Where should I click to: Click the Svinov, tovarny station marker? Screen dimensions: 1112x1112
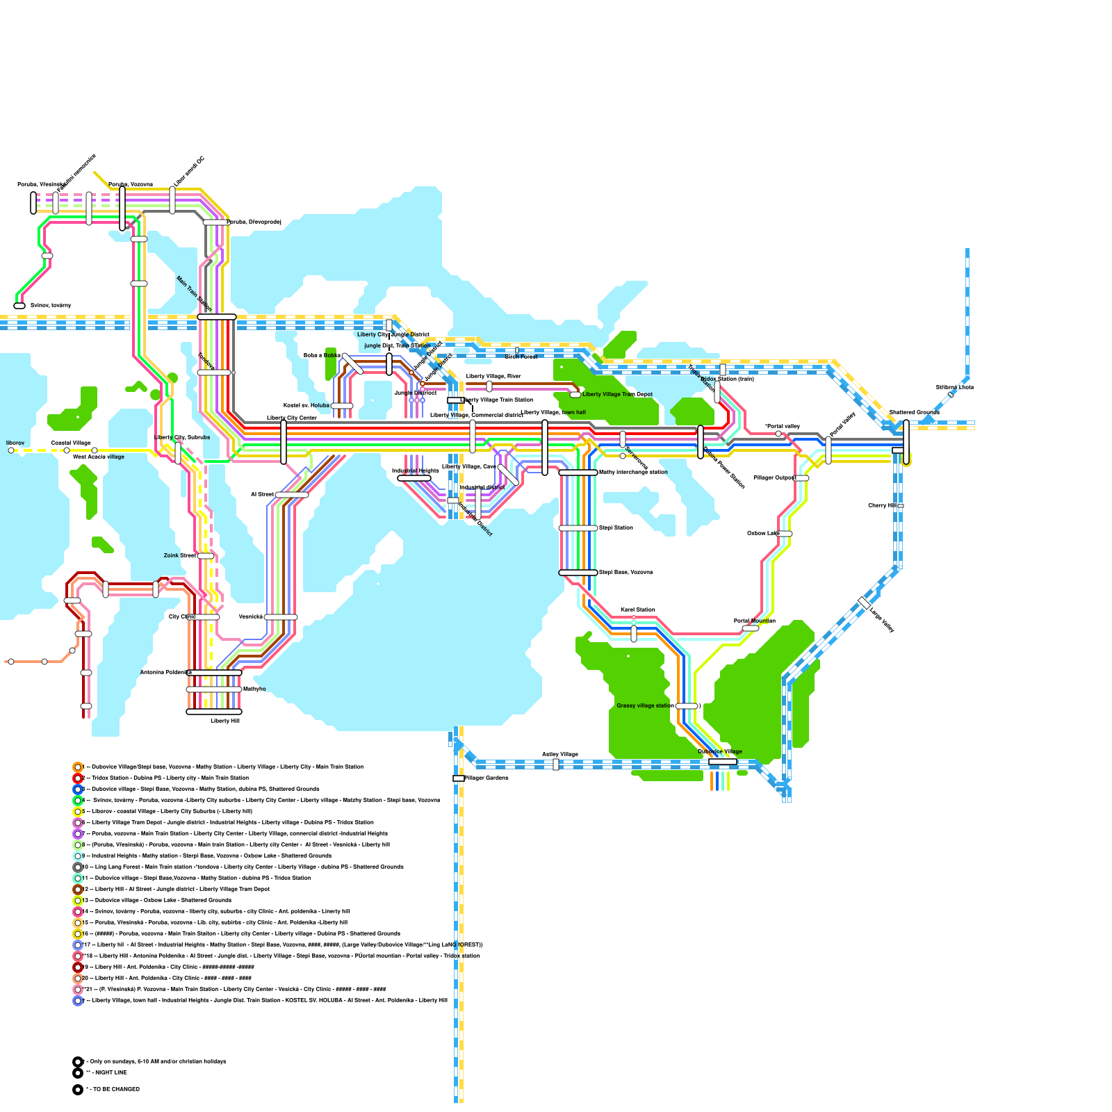(19, 306)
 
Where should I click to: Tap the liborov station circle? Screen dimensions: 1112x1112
(11, 450)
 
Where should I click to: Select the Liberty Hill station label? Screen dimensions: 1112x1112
(225, 721)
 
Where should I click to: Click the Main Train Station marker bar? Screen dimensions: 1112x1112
(217, 317)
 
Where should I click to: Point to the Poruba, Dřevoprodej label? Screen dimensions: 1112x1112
(254, 222)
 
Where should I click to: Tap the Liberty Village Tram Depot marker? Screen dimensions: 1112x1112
(575, 395)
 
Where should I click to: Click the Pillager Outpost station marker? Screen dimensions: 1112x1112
(801, 478)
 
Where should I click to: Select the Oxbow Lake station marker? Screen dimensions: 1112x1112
(784, 534)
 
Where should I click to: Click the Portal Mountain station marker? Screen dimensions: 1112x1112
(751, 628)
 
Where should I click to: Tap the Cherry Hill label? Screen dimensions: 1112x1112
(882, 506)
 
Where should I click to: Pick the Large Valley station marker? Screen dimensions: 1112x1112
(864, 603)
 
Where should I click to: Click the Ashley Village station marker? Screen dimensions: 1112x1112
(556, 764)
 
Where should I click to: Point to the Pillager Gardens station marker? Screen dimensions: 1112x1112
(459, 778)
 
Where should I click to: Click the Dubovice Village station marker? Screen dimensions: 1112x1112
(723, 762)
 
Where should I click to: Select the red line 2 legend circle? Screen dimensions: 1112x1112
(78, 778)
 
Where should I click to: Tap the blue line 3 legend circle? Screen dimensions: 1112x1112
(78, 790)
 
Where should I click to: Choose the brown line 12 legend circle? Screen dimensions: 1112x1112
(78, 890)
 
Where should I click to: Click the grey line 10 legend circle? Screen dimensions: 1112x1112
(78, 867)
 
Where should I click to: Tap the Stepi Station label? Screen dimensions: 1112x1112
(616, 528)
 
